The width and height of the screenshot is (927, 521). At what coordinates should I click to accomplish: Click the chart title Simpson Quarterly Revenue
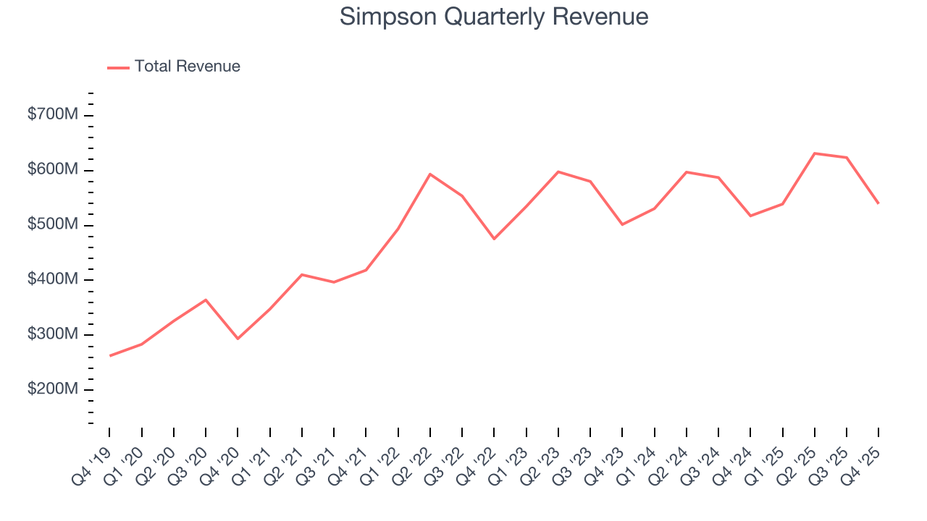coord(494,17)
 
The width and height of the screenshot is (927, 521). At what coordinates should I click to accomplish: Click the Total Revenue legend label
coord(187,67)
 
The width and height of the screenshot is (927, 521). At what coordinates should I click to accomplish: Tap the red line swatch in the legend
coord(118,67)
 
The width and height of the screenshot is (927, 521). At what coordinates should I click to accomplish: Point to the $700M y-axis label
coord(51,116)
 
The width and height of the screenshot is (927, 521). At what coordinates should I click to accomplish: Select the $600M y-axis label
coord(51,170)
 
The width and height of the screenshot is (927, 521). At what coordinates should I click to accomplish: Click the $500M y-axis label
coord(51,225)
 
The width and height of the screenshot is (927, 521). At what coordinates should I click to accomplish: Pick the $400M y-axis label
coord(51,280)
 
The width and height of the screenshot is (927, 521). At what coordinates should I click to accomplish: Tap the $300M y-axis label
coord(51,335)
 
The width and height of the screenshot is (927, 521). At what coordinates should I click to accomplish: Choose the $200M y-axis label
coord(51,389)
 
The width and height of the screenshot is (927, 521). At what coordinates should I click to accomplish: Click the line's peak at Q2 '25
coord(815,153)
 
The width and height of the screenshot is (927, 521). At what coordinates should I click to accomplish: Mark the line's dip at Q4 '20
coord(238,339)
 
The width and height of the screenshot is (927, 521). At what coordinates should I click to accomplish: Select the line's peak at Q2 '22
coord(430,174)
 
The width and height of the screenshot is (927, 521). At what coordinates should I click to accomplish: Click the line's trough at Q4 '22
coord(494,239)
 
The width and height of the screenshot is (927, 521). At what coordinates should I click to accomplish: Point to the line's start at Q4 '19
coord(110,355)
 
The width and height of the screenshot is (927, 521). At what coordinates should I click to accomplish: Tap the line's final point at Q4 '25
coord(878,203)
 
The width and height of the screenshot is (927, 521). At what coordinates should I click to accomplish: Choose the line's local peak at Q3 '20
coord(206,300)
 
